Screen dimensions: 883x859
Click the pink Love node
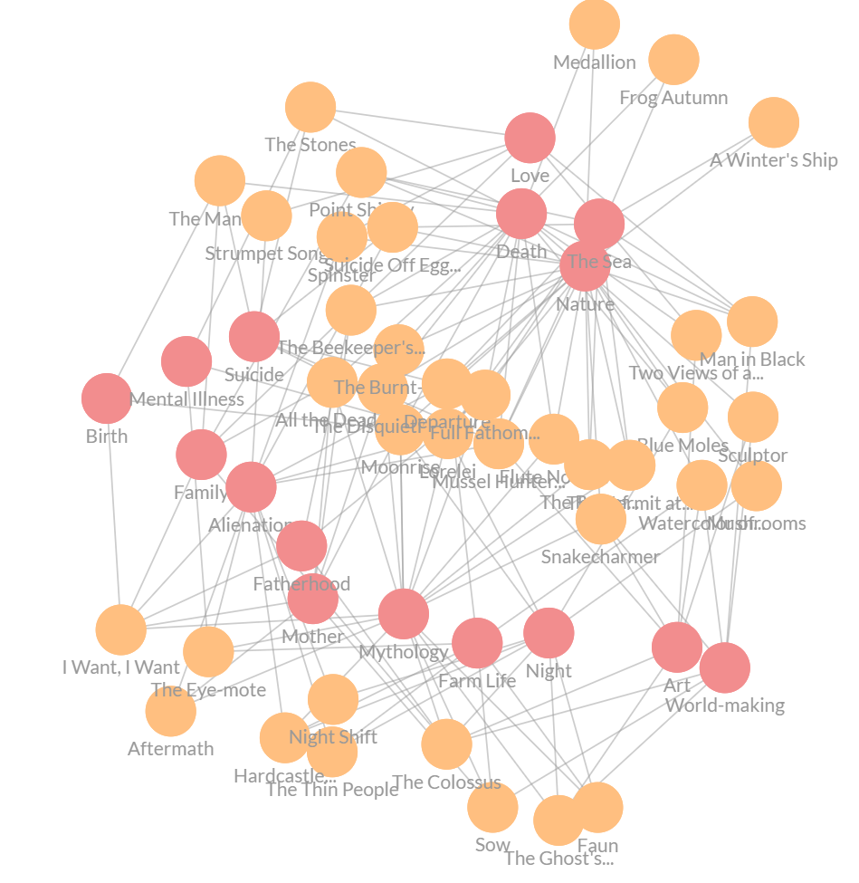pos(530,139)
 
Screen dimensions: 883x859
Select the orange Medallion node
pos(595,24)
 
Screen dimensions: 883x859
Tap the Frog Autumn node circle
pos(673,60)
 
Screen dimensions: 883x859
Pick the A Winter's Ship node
pos(774,122)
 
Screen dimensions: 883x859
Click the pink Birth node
pos(107,398)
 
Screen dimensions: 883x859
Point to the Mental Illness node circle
pos(186,361)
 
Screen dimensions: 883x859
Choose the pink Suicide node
pos(254,337)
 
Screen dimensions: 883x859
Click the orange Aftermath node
pos(171,711)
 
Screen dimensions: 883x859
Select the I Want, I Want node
pos(121,629)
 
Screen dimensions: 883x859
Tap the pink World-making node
pos(725,667)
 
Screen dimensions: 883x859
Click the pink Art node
pos(677,648)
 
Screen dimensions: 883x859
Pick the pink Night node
pos(549,633)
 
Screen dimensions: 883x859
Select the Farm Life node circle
pos(477,643)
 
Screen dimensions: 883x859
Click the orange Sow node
pos(492,807)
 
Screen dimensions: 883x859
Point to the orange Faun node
pos(597,808)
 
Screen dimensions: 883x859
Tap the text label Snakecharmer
pos(600,557)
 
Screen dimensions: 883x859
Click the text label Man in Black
pos(752,360)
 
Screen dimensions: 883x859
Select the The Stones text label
pos(310,145)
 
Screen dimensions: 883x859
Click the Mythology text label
pos(404,652)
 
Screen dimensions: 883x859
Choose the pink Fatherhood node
pos(301,546)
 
